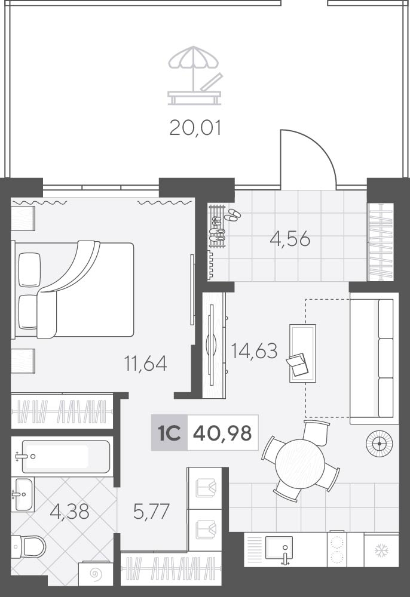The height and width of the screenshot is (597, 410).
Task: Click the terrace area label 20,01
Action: pos(195,128)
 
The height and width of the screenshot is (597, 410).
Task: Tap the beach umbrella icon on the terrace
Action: pos(194,75)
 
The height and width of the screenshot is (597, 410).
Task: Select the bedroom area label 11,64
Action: pos(146,363)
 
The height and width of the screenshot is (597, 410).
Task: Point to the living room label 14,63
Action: pos(254,350)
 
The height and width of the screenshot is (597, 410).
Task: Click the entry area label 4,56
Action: pos(290,239)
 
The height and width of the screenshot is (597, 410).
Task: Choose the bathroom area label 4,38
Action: pos(69,512)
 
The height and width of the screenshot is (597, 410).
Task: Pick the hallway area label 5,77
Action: pos(151,512)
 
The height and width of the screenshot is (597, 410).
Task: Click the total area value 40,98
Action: pos(222,433)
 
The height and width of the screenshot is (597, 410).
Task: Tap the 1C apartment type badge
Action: pos(169,433)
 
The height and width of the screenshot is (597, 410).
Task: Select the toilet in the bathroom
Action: pos(28,547)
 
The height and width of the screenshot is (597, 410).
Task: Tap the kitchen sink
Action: pos(279,547)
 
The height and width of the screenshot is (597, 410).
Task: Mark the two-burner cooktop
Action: pos(336,549)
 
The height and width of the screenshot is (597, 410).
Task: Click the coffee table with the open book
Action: pos(302,353)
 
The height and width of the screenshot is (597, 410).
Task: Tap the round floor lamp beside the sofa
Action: pos(379,443)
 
